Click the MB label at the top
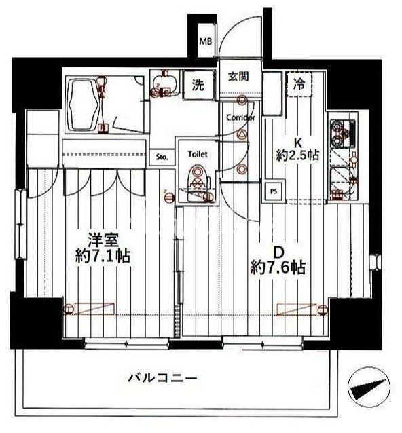pyautogui.click(x=205, y=41)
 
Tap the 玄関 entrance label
pyautogui.click(x=238, y=77)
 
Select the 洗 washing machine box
pyautogui.click(x=198, y=86)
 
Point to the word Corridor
pyautogui.click(x=241, y=117)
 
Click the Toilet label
pyautogui.click(x=197, y=154)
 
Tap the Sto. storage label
pyautogui.click(x=162, y=158)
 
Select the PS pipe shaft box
pyautogui.click(x=274, y=191)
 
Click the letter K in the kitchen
pyautogui.click(x=297, y=143)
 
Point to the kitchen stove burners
pyautogui.click(x=337, y=133)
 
